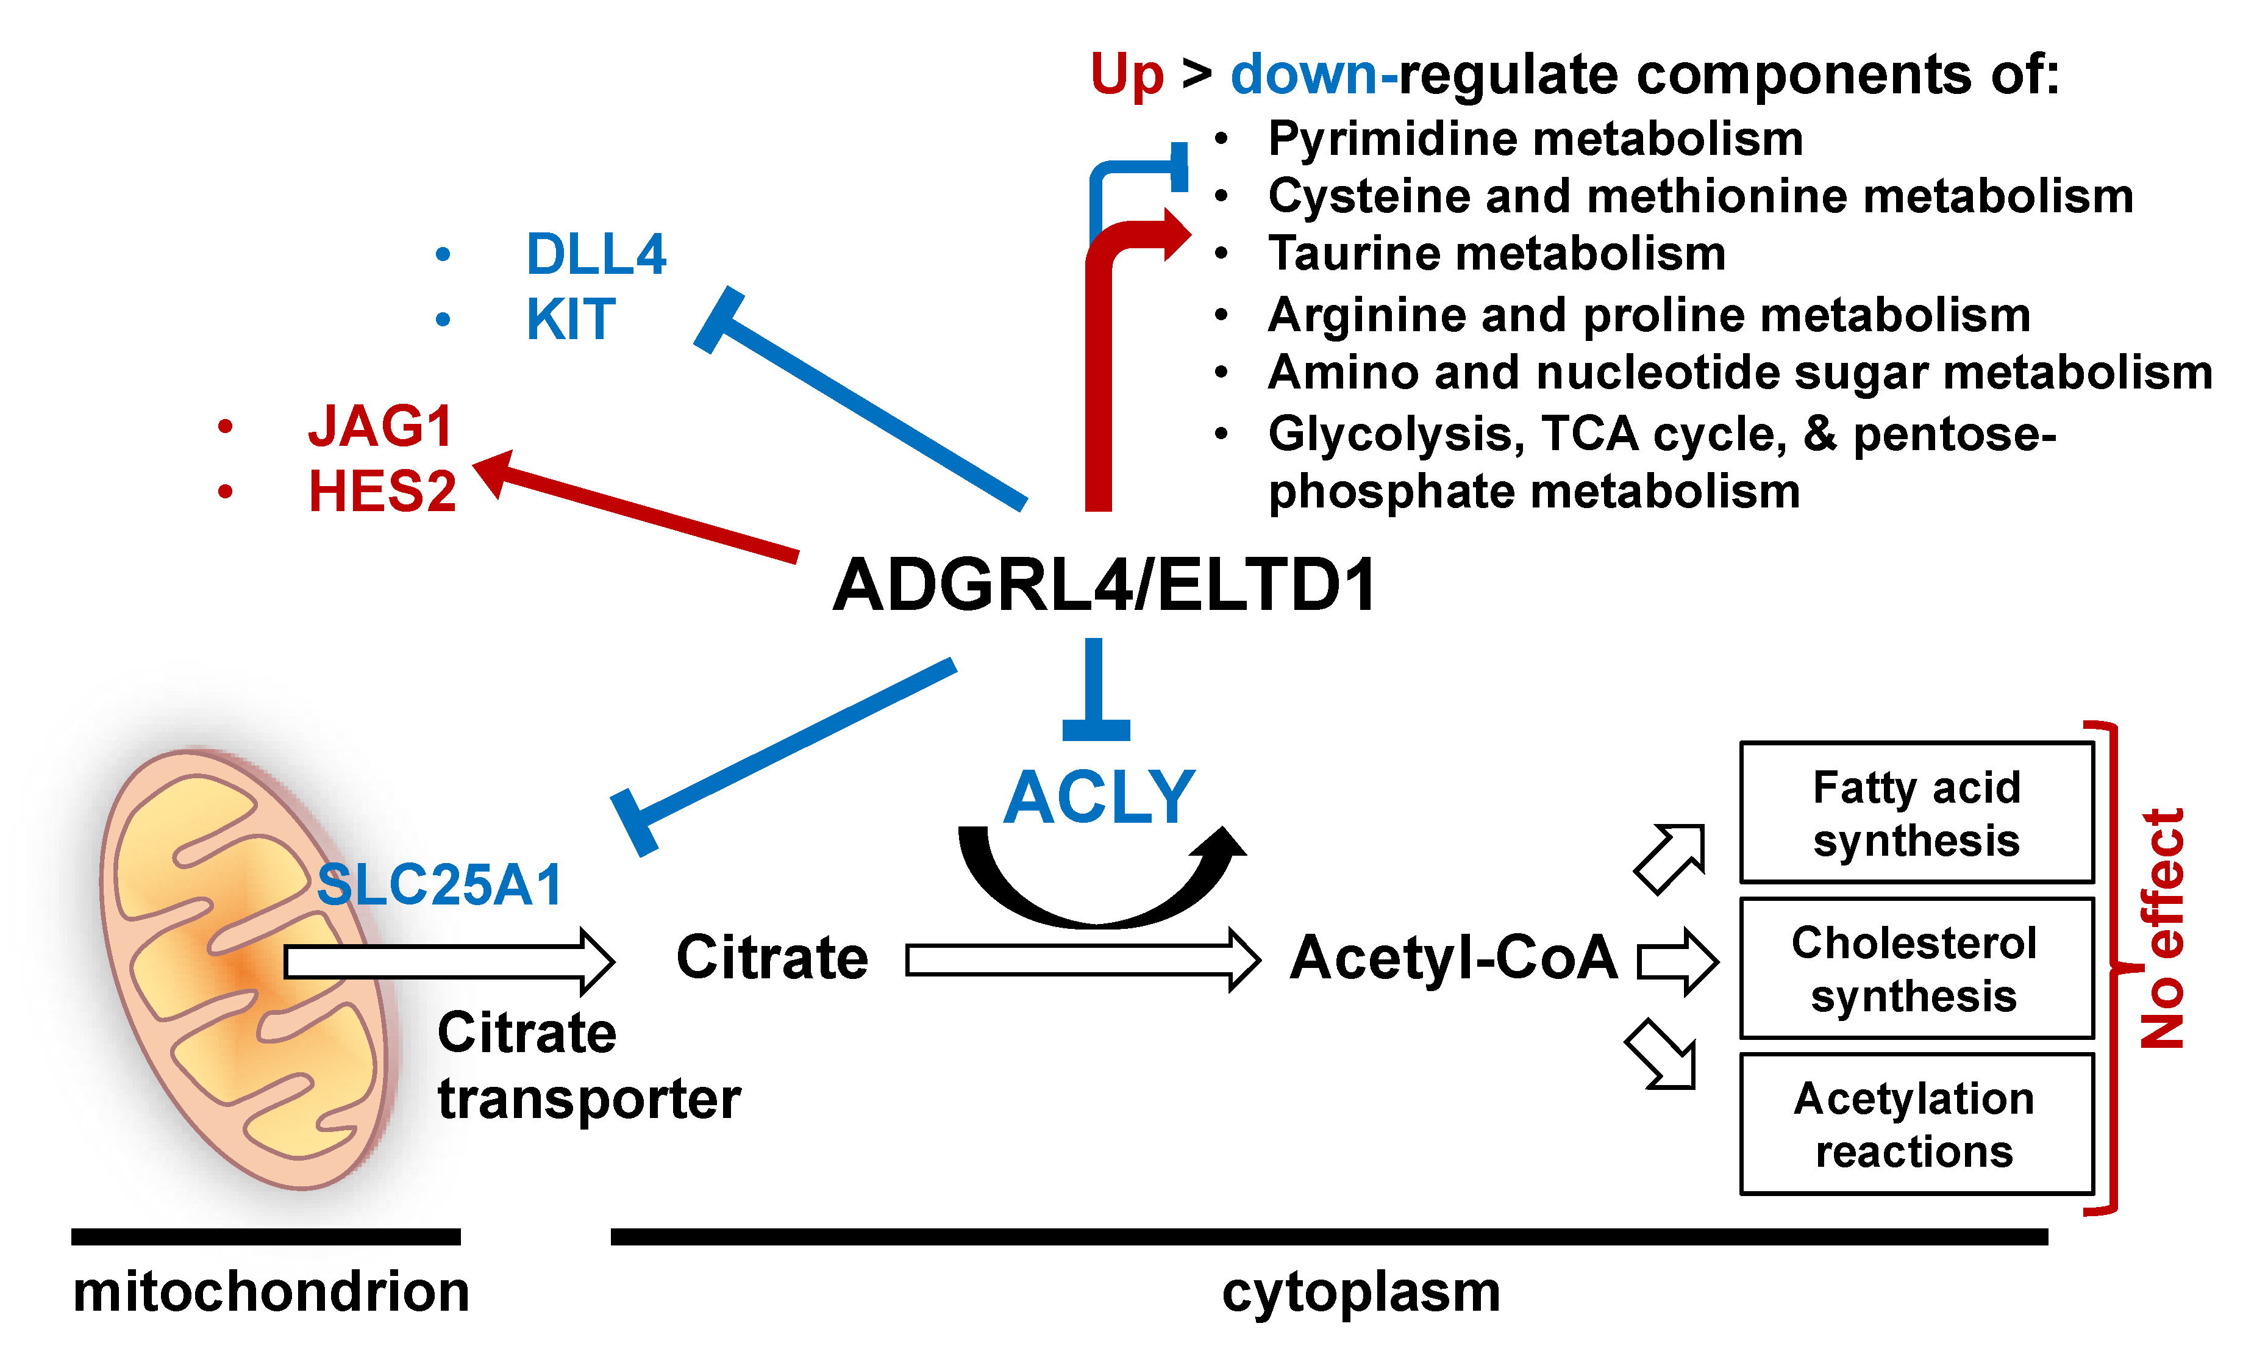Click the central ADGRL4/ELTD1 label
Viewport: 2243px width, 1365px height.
tap(1104, 585)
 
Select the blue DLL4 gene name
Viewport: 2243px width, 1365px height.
tap(596, 254)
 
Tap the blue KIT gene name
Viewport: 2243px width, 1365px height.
tap(571, 320)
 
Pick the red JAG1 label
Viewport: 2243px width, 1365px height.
tap(380, 426)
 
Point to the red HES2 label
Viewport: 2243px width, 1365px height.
tap(382, 492)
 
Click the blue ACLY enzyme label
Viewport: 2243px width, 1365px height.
tap(1099, 798)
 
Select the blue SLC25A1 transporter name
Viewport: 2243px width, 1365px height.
tap(440, 884)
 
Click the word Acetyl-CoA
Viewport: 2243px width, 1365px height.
tap(1453, 958)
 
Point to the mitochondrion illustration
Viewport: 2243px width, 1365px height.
tap(246, 970)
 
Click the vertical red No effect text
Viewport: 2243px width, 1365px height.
tap(2162, 929)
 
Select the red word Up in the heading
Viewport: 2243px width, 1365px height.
tap(1127, 74)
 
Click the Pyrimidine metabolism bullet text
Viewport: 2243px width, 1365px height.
tap(1535, 139)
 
